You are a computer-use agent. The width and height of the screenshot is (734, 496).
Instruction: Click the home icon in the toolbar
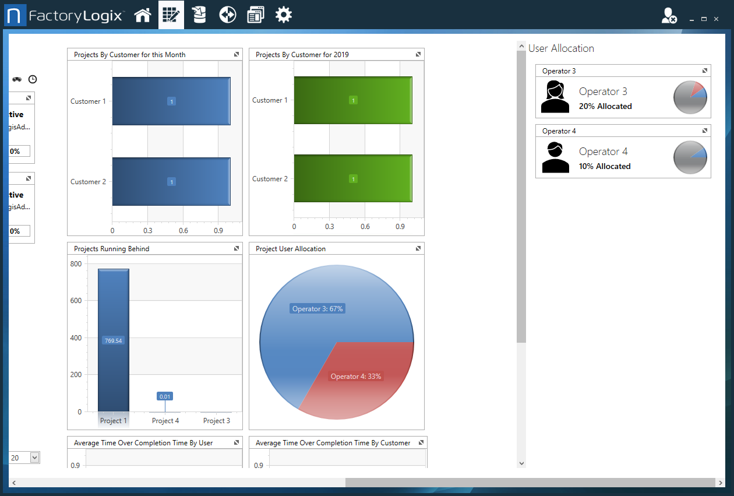point(143,15)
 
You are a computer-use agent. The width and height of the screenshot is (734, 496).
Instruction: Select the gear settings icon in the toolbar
point(284,15)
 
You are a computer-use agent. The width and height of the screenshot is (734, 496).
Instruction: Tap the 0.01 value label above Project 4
point(165,396)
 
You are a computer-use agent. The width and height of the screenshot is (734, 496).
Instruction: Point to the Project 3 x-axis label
point(216,420)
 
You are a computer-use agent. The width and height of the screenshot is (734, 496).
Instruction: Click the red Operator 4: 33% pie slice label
point(355,377)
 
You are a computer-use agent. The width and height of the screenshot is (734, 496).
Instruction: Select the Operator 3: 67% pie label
point(317,308)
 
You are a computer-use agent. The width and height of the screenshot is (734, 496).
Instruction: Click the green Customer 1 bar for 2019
point(353,100)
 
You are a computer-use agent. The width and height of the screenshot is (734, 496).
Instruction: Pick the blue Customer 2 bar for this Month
point(171,181)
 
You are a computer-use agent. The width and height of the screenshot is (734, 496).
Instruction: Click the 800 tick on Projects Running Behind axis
point(76,263)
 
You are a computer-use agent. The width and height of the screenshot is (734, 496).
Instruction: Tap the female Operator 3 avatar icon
point(555,97)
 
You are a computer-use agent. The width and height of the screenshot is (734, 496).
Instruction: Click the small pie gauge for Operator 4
point(690,157)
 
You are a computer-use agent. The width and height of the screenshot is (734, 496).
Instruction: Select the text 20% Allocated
point(605,106)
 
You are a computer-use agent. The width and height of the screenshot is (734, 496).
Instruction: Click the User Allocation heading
point(561,48)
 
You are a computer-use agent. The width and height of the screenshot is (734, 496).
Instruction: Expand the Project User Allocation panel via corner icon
point(418,248)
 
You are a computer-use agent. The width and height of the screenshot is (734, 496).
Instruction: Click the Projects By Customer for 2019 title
point(302,55)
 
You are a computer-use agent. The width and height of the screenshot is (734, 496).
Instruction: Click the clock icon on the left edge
point(33,79)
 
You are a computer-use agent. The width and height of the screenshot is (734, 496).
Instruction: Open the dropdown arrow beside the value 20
point(34,458)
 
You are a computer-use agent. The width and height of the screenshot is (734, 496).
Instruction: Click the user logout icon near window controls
point(669,16)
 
